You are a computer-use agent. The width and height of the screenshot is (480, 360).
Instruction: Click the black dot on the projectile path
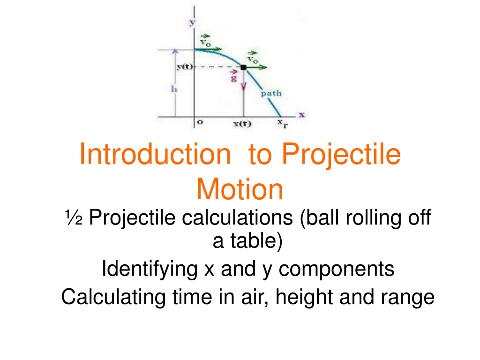(x=243, y=67)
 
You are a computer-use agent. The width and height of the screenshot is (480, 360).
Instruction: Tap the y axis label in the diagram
(x=192, y=22)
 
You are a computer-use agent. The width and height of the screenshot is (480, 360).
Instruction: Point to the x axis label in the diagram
(x=302, y=115)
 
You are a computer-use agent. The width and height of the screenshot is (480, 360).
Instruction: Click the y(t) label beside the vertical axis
(x=185, y=67)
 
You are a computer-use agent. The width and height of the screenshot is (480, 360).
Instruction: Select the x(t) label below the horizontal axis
(x=242, y=124)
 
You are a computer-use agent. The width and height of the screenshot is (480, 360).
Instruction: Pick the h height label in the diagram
(x=174, y=89)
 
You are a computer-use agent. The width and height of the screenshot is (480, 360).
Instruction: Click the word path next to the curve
(x=271, y=93)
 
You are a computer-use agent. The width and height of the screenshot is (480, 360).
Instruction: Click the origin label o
(x=200, y=122)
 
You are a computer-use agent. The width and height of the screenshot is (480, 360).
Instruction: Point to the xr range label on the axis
(x=283, y=123)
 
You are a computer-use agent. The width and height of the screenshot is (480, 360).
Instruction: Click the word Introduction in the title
(x=155, y=154)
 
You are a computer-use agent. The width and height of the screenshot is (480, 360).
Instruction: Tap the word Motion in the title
(x=240, y=189)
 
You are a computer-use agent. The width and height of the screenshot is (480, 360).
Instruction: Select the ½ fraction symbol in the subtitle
(x=74, y=217)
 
